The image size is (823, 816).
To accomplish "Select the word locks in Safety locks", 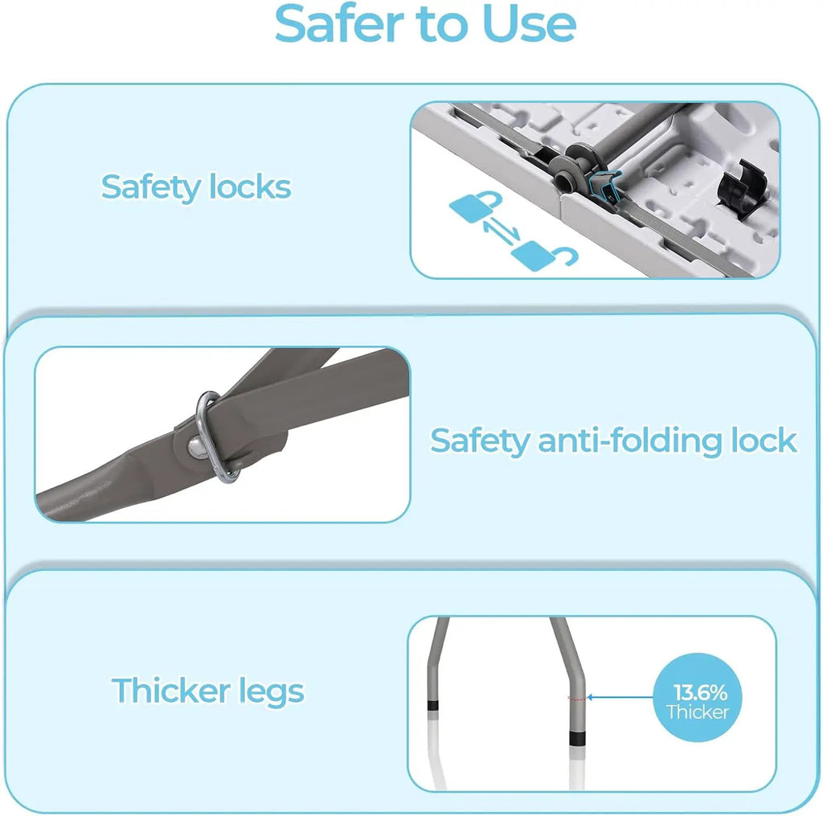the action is click(x=250, y=187).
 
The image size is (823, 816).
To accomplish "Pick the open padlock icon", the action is click(x=544, y=256).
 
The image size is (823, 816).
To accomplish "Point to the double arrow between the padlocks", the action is click(x=502, y=232).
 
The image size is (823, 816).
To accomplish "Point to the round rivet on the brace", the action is click(x=198, y=447).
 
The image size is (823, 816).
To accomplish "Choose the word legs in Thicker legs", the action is click(x=272, y=692).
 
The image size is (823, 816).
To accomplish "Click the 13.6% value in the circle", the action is click(x=700, y=692).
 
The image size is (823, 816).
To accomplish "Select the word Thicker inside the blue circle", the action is click(x=698, y=712).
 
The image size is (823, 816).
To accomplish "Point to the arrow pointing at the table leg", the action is click(x=620, y=697).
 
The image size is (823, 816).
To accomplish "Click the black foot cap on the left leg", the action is click(x=433, y=705).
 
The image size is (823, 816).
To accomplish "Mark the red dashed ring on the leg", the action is click(x=576, y=698).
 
